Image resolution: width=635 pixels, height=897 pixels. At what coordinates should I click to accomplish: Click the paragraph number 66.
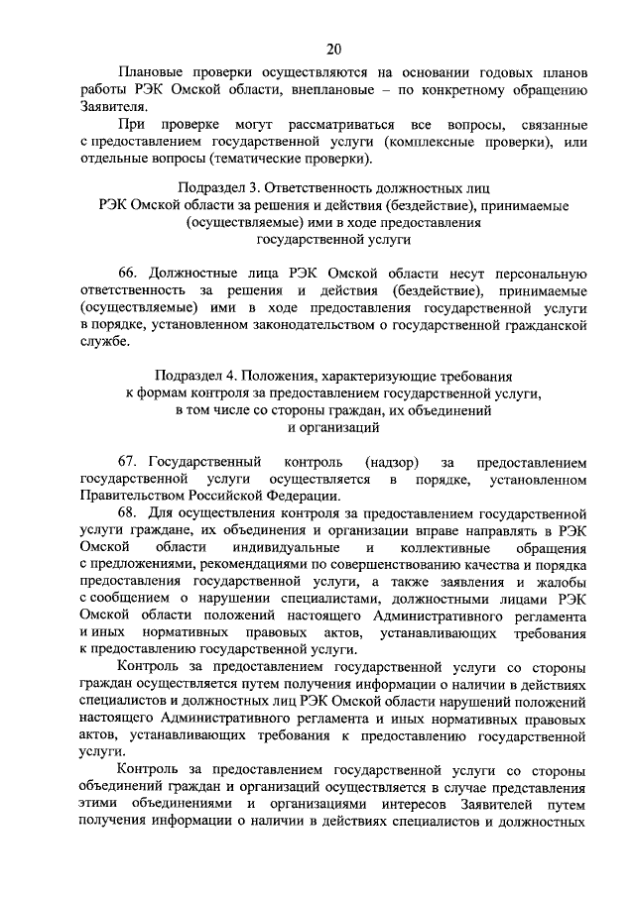[129, 273]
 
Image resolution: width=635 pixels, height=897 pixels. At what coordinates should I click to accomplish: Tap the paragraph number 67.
[129, 462]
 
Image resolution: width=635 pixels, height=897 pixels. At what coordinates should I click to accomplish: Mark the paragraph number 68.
[129, 512]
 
